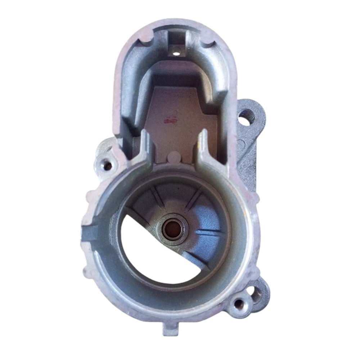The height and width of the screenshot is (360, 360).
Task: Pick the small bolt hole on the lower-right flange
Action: point(239,303)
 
